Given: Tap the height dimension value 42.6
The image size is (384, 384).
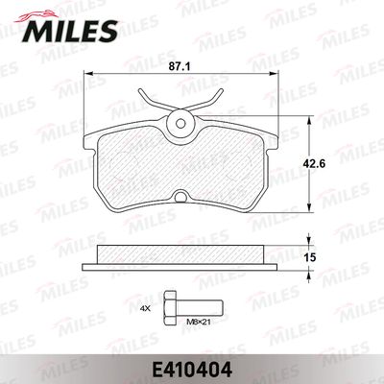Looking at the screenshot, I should point(325,162).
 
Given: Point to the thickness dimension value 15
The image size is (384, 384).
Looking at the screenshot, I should point(322,257).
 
